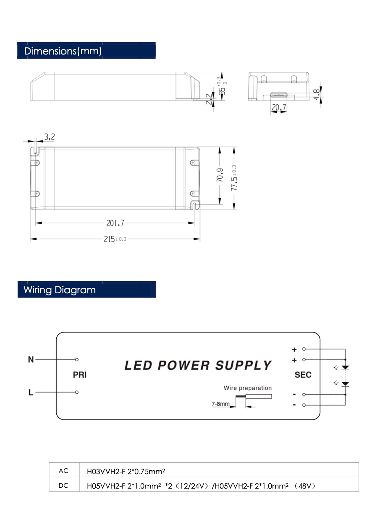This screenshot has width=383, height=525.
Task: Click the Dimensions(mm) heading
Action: pos(63,51)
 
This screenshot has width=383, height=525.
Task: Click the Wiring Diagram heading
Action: pos(60,290)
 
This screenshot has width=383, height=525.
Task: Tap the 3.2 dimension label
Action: pos(49,137)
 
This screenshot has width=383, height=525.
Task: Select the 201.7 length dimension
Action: pos(115,223)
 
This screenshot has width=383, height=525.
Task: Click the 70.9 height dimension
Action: pos(220,175)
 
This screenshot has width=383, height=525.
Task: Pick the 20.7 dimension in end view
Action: pos(279,107)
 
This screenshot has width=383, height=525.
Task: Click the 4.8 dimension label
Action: pos(316,94)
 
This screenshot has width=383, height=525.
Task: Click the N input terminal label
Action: pos(31,360)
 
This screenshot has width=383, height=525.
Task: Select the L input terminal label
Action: pos(31,393)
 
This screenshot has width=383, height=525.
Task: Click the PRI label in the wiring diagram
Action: pos(80,375)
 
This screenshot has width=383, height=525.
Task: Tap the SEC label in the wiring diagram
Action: pos(303,375)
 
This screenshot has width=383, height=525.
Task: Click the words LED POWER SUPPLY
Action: pos(198,365)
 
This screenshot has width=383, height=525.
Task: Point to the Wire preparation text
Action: pos(248,388)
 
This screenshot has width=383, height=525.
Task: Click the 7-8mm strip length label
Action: pos(220,404)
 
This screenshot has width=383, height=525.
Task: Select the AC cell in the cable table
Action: pos(64,471)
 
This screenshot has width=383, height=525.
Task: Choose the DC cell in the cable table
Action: pos(64,485)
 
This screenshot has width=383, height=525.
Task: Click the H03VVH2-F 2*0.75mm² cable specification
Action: pos(126,471)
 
